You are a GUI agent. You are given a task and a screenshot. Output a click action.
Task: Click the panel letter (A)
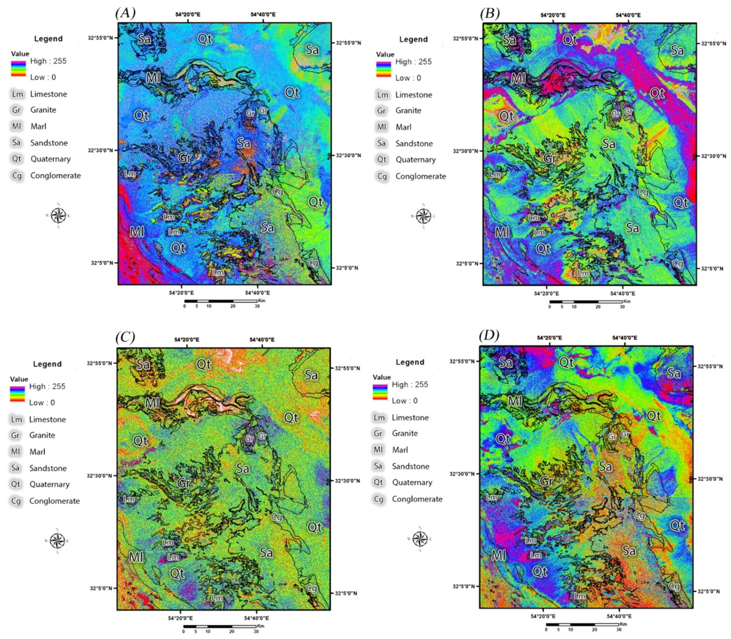(125, 13)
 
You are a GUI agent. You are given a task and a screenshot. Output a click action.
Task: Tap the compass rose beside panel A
(58, 215)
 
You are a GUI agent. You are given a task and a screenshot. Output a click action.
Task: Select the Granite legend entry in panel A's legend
(43, 110)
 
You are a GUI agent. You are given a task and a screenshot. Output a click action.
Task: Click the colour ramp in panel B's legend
(385, 69)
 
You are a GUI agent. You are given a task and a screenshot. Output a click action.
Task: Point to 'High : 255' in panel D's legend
(410, 384)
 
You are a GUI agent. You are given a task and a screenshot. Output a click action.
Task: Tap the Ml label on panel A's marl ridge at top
(153, 77)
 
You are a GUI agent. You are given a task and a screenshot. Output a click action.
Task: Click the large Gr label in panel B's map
(550, 158)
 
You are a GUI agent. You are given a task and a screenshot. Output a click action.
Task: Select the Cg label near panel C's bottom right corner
(311, 588)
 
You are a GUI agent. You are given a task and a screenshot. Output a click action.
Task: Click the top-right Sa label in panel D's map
(673, 373)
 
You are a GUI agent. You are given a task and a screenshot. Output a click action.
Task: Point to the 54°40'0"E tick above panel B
(628, 15)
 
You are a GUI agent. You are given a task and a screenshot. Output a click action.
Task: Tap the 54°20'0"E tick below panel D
(543, 615)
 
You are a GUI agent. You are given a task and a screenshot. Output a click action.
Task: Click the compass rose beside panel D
(420, 538)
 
